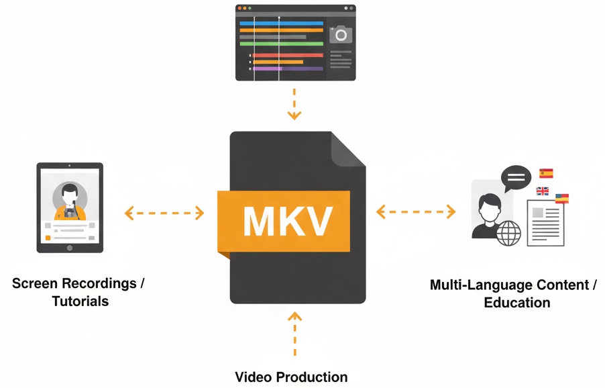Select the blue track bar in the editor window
281,22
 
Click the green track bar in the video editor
281,44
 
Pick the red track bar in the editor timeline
288,55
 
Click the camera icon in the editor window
341,34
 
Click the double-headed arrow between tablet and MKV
164,213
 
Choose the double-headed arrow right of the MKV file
416,212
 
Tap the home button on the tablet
70,247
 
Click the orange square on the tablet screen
48,238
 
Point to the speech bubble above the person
516,178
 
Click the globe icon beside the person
508,233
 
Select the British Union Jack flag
543,191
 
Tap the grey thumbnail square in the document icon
538,213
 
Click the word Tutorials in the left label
80,301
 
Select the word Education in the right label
516,303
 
